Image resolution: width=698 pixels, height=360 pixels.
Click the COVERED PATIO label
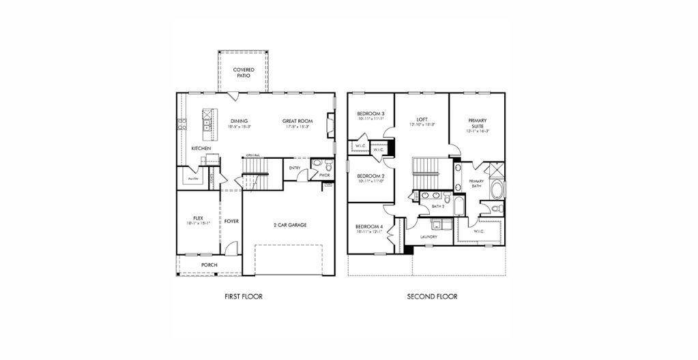tap(244, 72)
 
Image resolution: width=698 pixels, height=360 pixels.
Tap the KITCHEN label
tap(201, 148)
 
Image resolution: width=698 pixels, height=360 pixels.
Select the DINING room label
tap(239, 122)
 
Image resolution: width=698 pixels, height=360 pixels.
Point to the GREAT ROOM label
tap(297, 122)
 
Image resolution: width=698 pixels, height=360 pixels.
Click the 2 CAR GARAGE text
tap(289, 225)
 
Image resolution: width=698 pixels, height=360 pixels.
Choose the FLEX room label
tap(198, 219)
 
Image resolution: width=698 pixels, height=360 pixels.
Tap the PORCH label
tap(209, 265)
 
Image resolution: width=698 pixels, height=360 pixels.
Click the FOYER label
tap(231, 221)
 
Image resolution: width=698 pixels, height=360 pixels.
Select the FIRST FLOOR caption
tap(243, 297)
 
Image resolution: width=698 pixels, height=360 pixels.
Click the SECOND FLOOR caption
tap(432, 297)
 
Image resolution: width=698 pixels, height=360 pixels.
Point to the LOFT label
tap(422, 120)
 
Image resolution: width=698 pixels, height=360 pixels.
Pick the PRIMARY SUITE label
tap(477, 123)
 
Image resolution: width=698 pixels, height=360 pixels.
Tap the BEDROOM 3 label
tap(370, 114)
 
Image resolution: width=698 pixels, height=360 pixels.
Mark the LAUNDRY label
tap(428, 237)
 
